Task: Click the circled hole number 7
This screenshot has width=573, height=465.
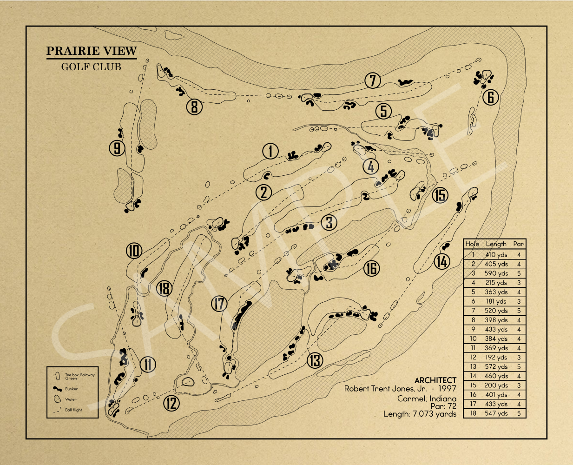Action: [373, 80]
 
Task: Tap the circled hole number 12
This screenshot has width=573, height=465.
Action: [171, 403]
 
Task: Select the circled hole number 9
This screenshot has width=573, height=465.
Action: [117, 148]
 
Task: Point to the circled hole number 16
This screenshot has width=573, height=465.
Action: [371, 268]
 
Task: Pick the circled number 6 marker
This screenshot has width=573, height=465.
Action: [490, 97]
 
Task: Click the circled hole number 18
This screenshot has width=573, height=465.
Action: [164, 288]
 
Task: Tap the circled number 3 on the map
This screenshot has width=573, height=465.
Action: [329, 222]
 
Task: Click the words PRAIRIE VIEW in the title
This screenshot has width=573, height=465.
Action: [92, 51]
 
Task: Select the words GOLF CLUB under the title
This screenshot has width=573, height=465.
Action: [91, 66]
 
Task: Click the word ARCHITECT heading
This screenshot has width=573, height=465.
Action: [435, 380]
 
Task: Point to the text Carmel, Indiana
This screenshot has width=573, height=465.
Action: [427, 399]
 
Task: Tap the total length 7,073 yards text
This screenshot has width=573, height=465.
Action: [420, 414]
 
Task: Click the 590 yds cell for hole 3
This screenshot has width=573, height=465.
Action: [496, 273]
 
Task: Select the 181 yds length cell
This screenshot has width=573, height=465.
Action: [496, 301]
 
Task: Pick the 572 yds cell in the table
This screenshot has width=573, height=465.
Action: [496, 366]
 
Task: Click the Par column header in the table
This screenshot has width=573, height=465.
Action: [518, 244]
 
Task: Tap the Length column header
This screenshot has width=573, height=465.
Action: [496, 244]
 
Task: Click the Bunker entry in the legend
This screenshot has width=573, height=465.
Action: [72, 389]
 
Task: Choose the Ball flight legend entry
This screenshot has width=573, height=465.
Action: [73, 410]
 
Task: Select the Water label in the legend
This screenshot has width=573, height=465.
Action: [71, 399]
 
